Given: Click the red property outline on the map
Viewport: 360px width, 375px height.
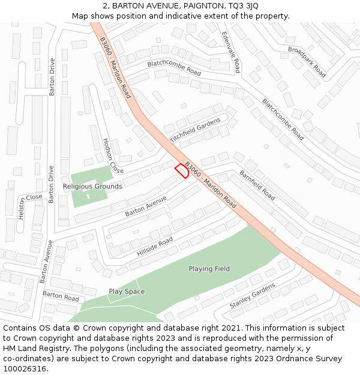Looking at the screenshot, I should pos(182,171).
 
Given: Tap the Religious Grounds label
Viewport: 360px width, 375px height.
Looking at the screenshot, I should pos(92,187).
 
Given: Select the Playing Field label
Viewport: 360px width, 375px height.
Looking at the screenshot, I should pos(209,269).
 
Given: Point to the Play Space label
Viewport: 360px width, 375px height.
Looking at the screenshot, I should pos(127,292).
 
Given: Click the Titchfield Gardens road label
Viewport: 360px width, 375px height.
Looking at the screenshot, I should pos(195,130).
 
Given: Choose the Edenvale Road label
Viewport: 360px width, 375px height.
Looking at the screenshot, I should pos(230,52).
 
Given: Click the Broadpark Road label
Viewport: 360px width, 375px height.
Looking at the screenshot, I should pos(307,62).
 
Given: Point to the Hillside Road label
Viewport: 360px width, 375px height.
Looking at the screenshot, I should pos(154,247).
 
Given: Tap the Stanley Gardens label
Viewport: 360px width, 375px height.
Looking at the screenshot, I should pos(252,297).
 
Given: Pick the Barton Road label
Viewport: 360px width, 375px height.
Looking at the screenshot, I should pos(61,296).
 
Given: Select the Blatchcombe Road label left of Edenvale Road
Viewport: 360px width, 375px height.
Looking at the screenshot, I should pos(174,67).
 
